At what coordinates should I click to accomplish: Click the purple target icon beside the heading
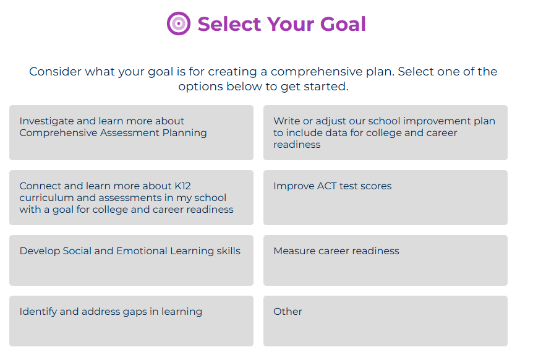click(x=178, y=24)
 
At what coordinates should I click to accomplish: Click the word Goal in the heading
click(x=343, y=24)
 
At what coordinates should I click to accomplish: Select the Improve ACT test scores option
click(x=385, y=197)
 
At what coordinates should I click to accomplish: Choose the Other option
click(x=385, y=320)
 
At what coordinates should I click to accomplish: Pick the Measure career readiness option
click(x=385, y=260)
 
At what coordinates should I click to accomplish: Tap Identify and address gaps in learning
click(x=131, y=320)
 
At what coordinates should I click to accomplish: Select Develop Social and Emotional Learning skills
click(x=131, y=260)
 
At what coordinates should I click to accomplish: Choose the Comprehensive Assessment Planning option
click(x=131, y=132)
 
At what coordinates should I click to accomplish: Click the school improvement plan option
click(x=385, y=132)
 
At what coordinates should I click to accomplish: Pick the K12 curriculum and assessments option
click(x=131, y=197)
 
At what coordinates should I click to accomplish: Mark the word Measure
click(x=294, y=251)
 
